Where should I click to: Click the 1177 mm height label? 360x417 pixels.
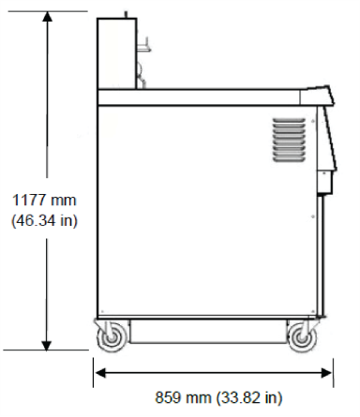point(44,200)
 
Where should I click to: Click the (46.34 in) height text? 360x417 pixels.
point(44,220)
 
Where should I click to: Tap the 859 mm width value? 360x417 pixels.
point(183,397)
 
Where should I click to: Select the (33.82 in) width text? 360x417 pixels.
point(249,397)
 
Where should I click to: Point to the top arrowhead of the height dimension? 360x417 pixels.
point(47,16)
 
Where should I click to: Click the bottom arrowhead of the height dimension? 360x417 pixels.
point(47,345)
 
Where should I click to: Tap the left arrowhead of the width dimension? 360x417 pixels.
point(99,373)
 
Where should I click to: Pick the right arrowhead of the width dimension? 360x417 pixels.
point(326,373)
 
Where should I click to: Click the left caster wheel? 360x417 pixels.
point(111,337)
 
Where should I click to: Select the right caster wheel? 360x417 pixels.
point(302,337)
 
